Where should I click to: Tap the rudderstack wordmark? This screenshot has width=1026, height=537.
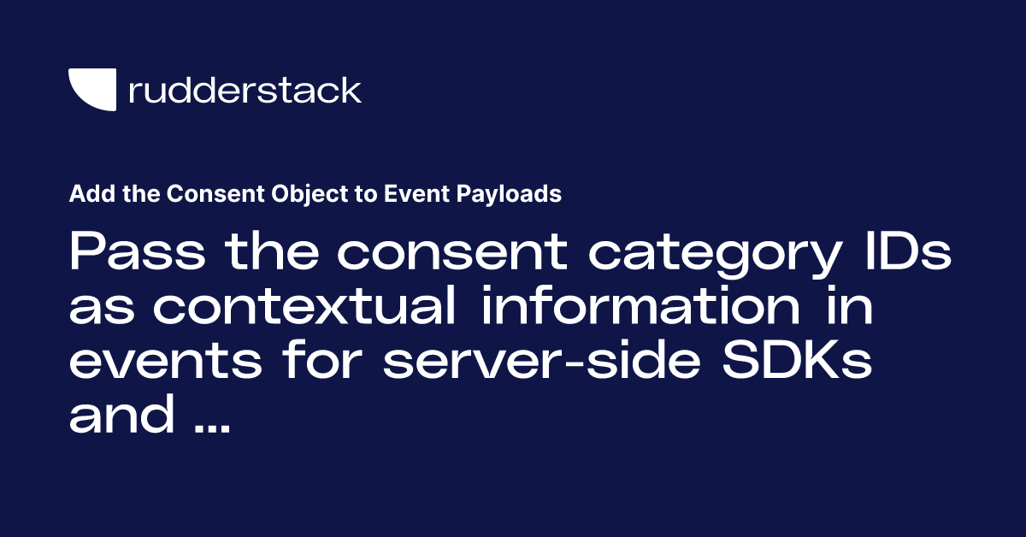pos(245,90)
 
